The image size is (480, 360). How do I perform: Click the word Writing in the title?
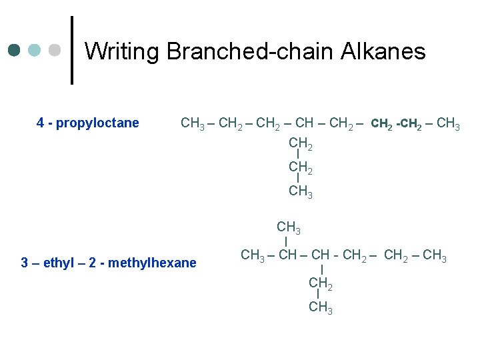[122, 51]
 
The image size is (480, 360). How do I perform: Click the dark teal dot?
[15, 51]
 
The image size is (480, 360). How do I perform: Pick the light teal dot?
[35, 51]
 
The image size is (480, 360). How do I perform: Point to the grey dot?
[55, 51]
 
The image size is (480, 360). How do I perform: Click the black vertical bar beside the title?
[72, 50]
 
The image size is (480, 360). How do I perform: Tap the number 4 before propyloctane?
[41, 123]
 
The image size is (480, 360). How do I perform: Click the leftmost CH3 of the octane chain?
[193, 123]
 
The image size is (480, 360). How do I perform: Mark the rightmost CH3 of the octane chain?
[448, 123]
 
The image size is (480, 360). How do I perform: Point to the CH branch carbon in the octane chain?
[303, 123]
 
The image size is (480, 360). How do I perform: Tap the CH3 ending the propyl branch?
[301, 192]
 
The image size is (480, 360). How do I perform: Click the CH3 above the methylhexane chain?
[289, 230]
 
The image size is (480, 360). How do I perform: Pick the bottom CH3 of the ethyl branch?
[321, 308]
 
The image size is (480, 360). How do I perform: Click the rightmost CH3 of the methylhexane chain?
[435, 255]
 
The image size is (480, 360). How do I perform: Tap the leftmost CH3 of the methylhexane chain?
[252, 255]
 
